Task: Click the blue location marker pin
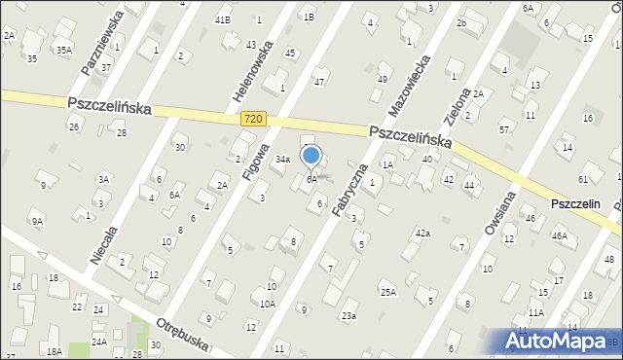pyautogui.click(x=311, y=156)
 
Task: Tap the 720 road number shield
pyautogui.click(x=253, y=119)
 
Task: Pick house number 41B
pyautogui.click(x=223, y=19)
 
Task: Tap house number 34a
pyautogui.click(x=282, y=159)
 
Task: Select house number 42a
pyautogui.click(x=422, y=234)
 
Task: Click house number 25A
pyautogui.click(x=387, y=292)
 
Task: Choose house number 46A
pyautogui.click(x=559, y=235)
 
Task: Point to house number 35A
pyautogui.click(x=63, y=50)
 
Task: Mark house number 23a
pyautogui.click(x=348, y=315)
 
